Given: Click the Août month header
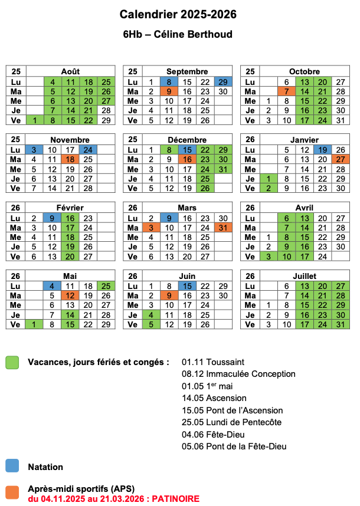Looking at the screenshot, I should pos(70,71).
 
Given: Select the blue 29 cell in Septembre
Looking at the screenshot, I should pos(223,82).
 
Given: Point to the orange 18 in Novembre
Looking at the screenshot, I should pos(70,159).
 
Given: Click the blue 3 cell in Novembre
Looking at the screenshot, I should pos(34,150).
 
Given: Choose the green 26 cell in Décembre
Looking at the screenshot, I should pos(205,188).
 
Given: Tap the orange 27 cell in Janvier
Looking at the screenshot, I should pos(340,159).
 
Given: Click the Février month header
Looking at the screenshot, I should pos(70,208).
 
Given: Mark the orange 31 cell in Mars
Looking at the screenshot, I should pos(223,227).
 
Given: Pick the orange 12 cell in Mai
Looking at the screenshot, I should pos(70,295).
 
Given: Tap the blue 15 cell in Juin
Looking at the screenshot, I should pos(187,285).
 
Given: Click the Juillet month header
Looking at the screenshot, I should pos(305,275).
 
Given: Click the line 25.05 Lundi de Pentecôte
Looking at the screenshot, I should pos(232,422).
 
